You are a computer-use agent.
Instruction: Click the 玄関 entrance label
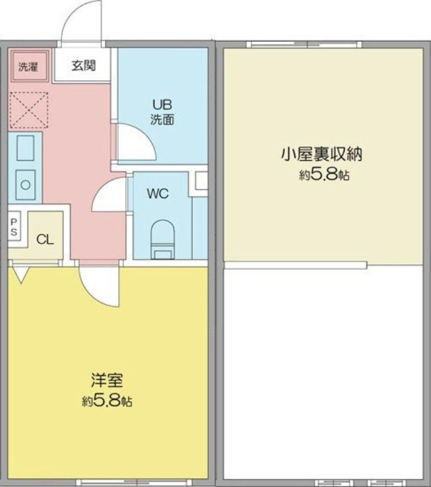[x=83, y=66]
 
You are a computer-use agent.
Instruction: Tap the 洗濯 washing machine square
[x=29, y=66]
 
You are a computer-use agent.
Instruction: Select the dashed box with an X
[x=29, y=110]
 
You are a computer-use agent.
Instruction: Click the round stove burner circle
[x=26, y=185]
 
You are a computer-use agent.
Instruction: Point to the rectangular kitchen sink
[x=26, y=148]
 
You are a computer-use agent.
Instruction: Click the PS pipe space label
[x=13, y=226]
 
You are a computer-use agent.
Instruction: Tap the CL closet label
[x=45, y=239]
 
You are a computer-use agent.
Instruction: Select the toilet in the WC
[x=163, y=239]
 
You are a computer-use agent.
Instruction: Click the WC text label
[x=158, y=194]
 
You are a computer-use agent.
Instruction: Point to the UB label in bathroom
[x=162, y=105]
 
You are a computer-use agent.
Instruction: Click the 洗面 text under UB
[x=162, y=119]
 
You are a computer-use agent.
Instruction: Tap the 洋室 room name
[x=107, y=380]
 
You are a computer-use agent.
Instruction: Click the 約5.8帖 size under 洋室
[x=107, y=401]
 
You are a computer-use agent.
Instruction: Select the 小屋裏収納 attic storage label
[x=321, y=154]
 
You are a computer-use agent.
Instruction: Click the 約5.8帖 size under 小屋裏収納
[x=324, y=175]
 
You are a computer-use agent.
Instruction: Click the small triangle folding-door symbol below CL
[x=21, y=275]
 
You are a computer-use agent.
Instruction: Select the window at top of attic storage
[x=304, y=44]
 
